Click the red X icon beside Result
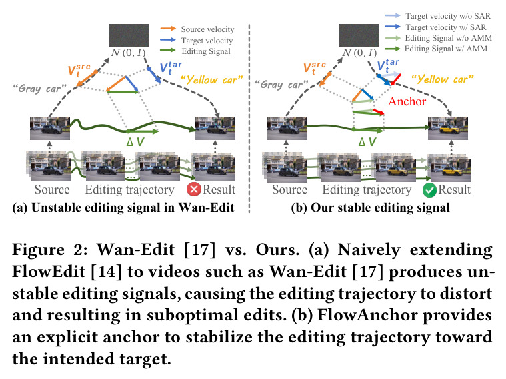pyautogui.click(x=194, y=190)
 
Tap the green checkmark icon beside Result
pyautogui.click(x=429, y=190)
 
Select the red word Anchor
pyautogui.click(x=407, y=101)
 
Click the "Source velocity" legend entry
pyautogui.click(x=197, y=29)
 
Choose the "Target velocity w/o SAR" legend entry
pyautogui.click(x=437, y=16)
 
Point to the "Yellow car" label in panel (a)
pyautogui.click(x=212, y=80)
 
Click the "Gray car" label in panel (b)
pyautogui.click(x=281, y=85)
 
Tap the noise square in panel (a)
pyautogui.click(x=129, y=35)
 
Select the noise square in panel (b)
pyautogui.click(x=359, y=35)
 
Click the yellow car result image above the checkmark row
pyautogui.click(x=448, y=128)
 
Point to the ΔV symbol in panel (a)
pyautogui.click(x=135, y=141)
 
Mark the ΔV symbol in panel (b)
pyautogui.click(x=367, y=141)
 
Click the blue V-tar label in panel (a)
pyautogui.click(x=171, y=68)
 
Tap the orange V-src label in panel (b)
pyautogui.click(x=315, y=68)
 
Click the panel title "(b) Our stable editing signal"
pyautogui.click(x=370, y=208)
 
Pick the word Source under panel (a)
pyautogui.click(x=52, y=190)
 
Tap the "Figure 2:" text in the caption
pyautogui.click(x=50, y=250)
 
